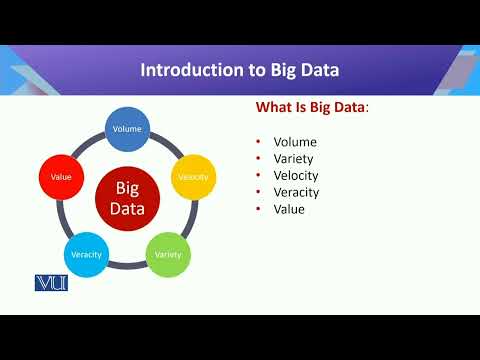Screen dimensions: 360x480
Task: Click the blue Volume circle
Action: [127, 129]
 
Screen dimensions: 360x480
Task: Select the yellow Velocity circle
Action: [193, 177]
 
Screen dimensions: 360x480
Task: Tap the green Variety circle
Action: [167, 254]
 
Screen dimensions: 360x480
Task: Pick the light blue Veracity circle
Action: [86, 254]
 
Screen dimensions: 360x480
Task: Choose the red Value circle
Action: [61, 177]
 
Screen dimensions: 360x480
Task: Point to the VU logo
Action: [50, 283]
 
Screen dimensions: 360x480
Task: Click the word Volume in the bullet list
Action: [296, 142]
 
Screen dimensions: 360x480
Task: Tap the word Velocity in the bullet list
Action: [298, 176]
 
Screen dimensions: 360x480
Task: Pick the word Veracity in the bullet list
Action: [298, 193]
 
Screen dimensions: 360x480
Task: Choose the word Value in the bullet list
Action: [289, 210]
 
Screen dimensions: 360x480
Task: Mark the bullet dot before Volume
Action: [258, 142]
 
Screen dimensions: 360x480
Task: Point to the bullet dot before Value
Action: [258, 210]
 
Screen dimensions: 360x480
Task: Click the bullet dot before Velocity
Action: [258, 176]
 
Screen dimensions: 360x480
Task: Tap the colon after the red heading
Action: [367, 109]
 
